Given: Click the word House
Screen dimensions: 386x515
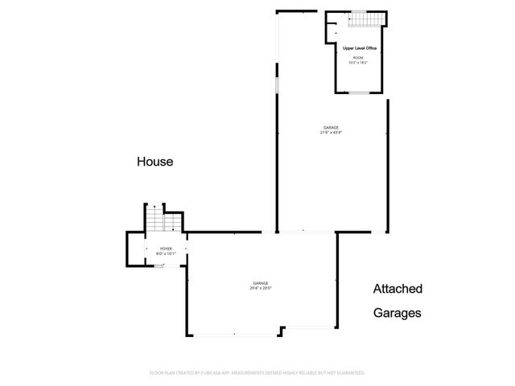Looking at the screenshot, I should click(154, 162).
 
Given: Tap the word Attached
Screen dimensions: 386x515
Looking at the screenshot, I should click(398, 289).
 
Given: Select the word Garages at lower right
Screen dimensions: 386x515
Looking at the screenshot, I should click(397, 314).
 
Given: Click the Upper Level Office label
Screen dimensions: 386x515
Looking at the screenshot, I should click(360, 48).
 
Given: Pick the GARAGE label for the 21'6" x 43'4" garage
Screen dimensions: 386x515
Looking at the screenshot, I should click(331, 128).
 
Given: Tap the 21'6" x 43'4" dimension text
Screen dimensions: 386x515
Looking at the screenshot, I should click(331, 133).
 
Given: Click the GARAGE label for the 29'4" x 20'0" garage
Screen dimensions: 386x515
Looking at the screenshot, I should click(261, 283).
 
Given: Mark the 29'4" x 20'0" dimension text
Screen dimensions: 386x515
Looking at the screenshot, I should click(261, 288).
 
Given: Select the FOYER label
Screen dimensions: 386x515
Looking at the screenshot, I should click(166, 249).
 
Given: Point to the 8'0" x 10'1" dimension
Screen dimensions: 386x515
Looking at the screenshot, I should click(166, 254).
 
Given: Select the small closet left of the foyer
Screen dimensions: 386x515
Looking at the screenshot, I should click(136, 249).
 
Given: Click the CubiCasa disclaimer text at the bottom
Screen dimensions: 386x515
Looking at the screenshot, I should click(257, 373).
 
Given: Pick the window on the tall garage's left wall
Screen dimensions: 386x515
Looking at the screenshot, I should click(278, 84).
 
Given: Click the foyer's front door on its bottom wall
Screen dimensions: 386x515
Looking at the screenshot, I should click(160, 265).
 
